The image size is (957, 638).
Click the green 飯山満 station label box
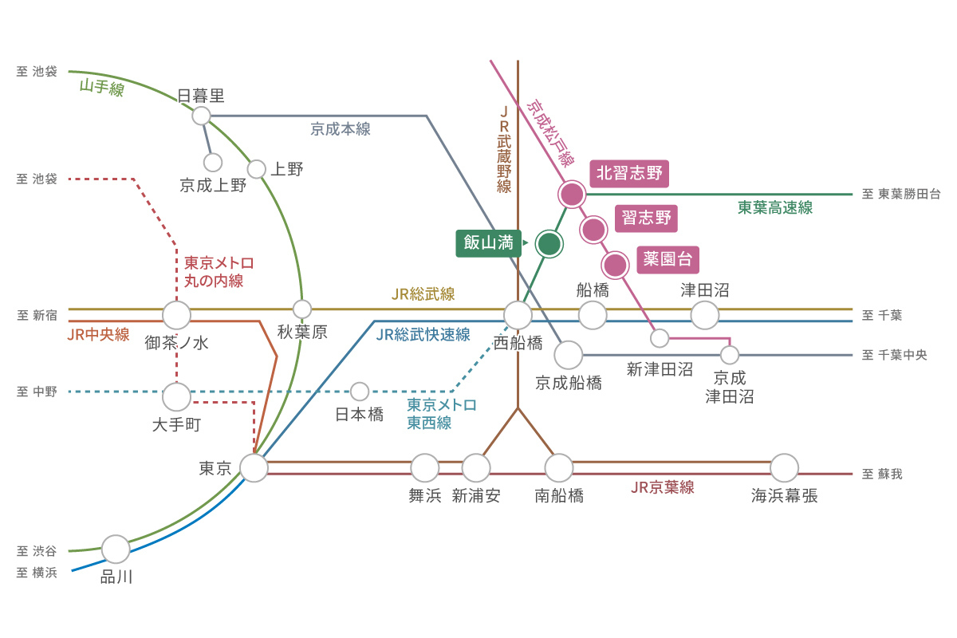click(488, 243)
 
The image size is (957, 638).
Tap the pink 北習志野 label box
click(629, 174)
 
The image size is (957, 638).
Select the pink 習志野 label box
click(646, 219)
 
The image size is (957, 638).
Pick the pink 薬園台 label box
click(668, 259)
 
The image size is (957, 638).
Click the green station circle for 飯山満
click(549, 244)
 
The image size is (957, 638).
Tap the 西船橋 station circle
click(518, 315)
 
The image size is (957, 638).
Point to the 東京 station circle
click(254, 468)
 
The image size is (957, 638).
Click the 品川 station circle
click(116, 549)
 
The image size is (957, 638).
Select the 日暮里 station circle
click(201, 116)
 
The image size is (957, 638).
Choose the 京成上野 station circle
click(213, 163)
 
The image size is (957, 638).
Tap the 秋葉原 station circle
click(302, 309)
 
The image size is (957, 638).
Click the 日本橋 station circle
click(360, 392)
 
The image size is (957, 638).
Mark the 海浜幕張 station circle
click(785, 468)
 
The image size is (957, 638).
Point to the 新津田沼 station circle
click(660, 338)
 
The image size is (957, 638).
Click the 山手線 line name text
click(102, 87)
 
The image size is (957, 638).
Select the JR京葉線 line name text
click(663, 487)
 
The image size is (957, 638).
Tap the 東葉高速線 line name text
click(775, 207)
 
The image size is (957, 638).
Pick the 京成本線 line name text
click(340, 129)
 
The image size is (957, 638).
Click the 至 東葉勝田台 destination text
click(901, 194)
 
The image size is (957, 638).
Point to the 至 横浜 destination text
click(37, 573)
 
